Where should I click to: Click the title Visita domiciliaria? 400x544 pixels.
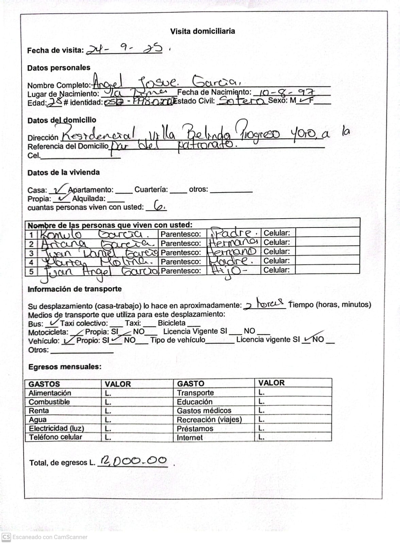[202, 31]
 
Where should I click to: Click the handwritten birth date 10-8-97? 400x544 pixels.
[286, 92]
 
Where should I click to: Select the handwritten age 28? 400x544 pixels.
[54, 102]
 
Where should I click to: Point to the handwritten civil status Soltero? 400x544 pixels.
[241, 101]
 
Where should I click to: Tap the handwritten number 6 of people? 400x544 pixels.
[159, 206]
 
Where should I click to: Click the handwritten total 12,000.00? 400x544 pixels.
[133, 461]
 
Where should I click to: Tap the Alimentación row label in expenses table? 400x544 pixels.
[50, 393]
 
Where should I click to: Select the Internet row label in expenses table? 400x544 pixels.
[189, 438]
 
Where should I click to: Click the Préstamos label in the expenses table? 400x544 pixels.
[195, 428]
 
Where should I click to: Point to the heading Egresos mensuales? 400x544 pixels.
[65, 367]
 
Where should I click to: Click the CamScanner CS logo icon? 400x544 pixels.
[6, 537]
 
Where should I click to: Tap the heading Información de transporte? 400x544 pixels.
[74, 289]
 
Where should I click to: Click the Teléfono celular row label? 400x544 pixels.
[55, 437]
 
